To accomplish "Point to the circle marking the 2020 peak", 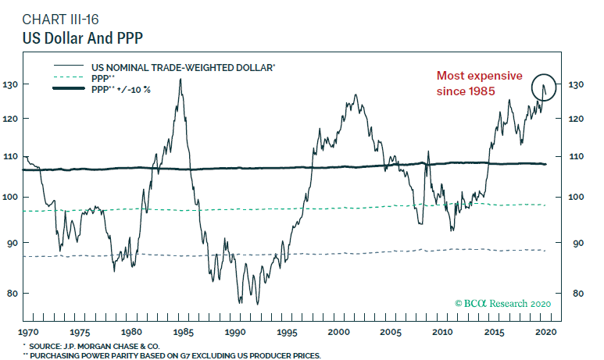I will tap(545, 87).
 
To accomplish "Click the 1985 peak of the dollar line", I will tap(180, 80).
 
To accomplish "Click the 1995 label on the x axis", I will tap(288, 332).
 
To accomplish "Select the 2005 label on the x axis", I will tap(391, 332).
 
